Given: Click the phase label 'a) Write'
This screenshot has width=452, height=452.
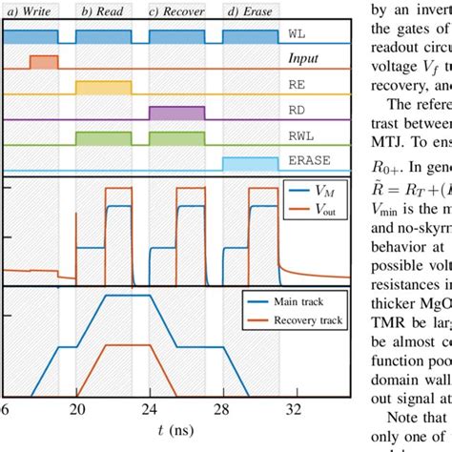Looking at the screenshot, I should pyautogui.click(x=30, y=12).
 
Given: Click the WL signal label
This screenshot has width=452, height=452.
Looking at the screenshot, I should pyautogui.click(x=298, y=32).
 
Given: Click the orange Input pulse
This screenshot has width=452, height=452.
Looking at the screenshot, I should pyautogui.click(x=43, y=63).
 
